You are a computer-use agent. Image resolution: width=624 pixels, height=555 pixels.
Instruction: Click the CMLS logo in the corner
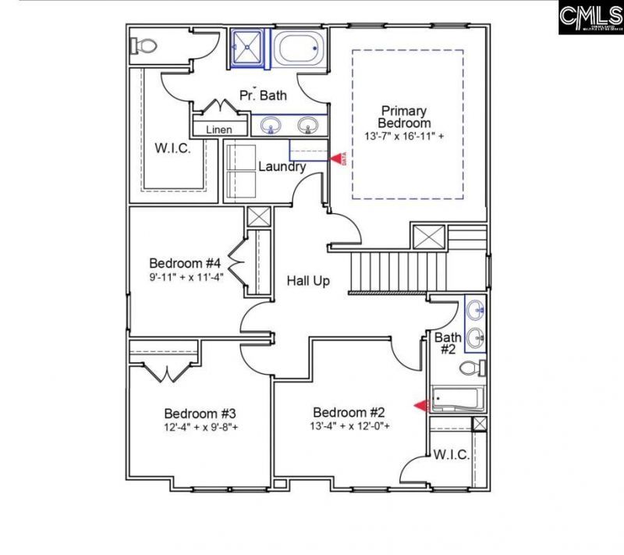590,17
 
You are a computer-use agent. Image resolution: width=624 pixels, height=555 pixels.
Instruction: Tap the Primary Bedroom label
404,117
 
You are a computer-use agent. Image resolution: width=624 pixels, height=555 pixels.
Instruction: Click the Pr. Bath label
263,96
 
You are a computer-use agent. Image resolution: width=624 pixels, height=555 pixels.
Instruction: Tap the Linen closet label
218,130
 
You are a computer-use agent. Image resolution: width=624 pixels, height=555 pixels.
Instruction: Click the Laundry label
282,166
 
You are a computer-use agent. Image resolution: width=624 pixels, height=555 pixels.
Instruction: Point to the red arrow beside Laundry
336,158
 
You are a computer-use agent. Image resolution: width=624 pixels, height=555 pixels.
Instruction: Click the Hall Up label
307,280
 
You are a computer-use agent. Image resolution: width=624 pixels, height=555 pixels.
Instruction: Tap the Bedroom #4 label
186,262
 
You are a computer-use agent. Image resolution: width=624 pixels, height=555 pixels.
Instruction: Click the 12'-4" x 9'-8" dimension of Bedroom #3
201,427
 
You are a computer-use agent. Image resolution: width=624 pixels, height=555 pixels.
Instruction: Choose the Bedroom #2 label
349,412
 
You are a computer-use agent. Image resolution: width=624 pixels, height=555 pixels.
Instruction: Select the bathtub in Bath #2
458,399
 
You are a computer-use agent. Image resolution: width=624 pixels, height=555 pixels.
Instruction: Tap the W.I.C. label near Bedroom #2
451,454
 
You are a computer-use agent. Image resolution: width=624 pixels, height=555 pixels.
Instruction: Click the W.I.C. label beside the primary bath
172,148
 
